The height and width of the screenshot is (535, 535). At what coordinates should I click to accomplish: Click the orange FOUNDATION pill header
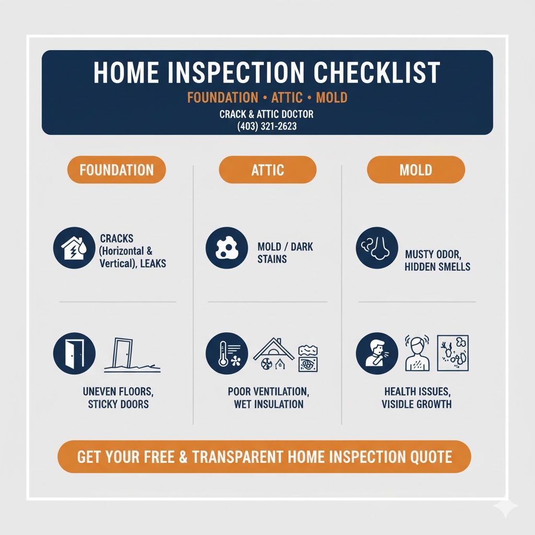pyautogui.click(x=117, y=170)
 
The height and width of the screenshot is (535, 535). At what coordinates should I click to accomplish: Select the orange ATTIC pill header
pyautogui.click(x=267, y=170)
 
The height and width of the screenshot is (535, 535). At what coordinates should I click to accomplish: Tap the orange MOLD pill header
pyautogui.click(x=416, y=170)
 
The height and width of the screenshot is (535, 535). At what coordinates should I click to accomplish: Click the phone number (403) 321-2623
pyautogui.click(x=267, y=126)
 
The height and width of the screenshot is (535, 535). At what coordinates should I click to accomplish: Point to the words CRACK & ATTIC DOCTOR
pyautogui.click(x=266, y=114)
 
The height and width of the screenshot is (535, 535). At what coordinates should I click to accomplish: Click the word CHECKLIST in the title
pyautogui.click(x=377, y=72)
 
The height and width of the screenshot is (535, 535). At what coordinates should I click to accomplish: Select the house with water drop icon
pyautogui.click(x=74, y=248)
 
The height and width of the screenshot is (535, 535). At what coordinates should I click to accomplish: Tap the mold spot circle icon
pyautogui.click(x=227, y=248)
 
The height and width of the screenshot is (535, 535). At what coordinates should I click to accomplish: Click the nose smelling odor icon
pyautogui.click(x=377, y=248)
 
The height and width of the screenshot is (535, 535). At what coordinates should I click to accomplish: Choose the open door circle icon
pyautogui.click(x=74, y=353)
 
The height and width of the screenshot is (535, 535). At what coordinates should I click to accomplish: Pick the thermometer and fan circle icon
pyautogui.click(x=227, y=353)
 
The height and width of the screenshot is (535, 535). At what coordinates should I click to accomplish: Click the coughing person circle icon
pyautogui.click(x=377, y=353)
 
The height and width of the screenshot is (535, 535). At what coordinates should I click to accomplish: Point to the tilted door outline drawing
pyautogui.click(x=132, y=355)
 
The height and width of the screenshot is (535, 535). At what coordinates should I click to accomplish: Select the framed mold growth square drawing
pyautogui.click(x=453, y=353)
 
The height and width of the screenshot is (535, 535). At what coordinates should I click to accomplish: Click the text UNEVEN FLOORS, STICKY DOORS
pyautogui.click(x=118, y=398)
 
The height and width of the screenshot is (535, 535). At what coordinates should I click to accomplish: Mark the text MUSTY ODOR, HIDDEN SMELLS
pyautogui.click(x=437, y=260)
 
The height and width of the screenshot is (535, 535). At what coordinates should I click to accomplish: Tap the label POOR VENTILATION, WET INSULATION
pyautogui.click(x=269, y=398)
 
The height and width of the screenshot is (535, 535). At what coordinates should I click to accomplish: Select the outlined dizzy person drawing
pyautogui.click(x=417, y=353)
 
